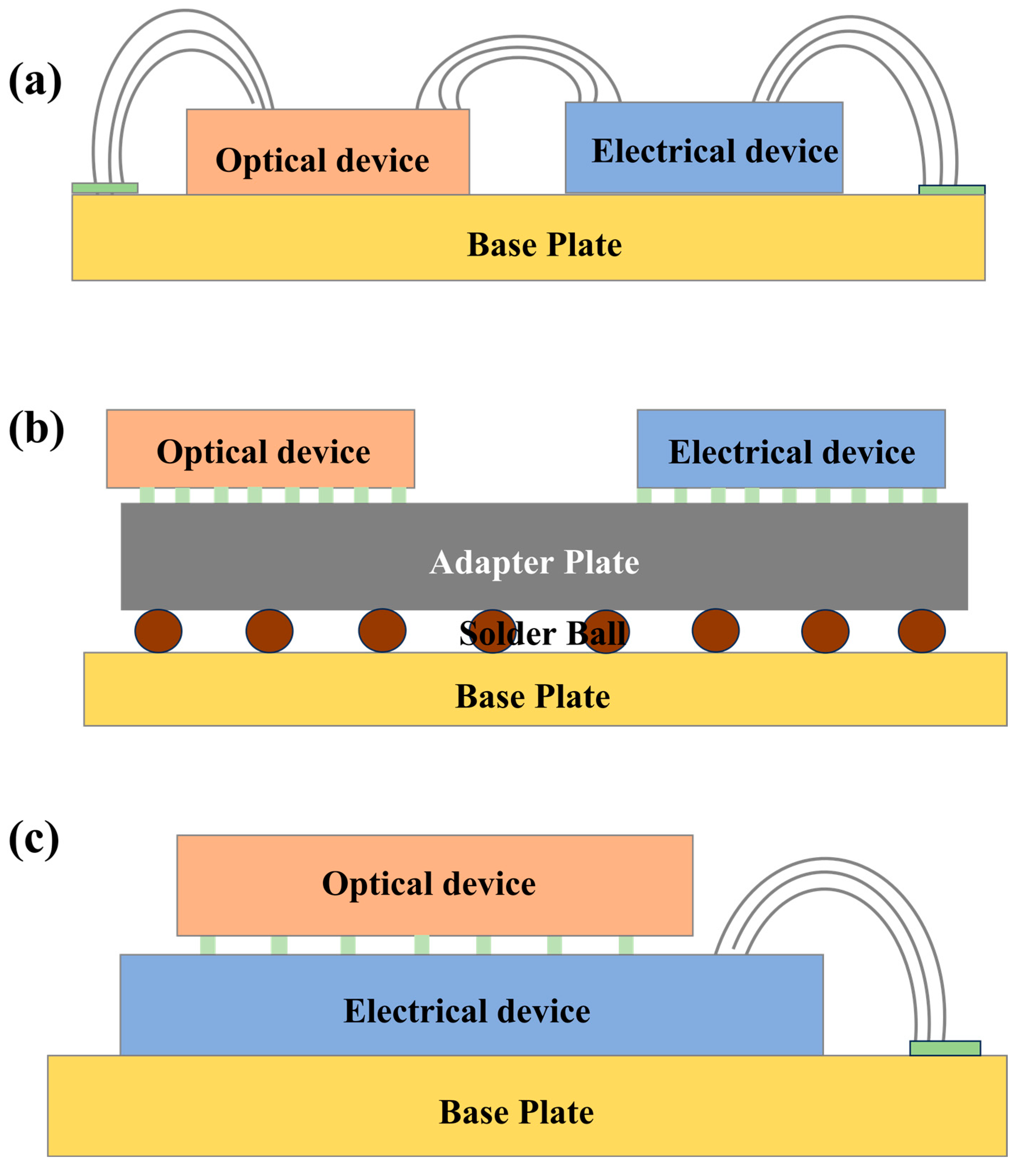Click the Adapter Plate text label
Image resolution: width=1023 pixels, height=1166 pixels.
click(534, 562)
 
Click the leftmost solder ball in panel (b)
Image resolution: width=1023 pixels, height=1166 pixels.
click(159, 631)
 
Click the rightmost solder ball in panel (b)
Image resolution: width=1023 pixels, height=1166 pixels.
click(922, 631)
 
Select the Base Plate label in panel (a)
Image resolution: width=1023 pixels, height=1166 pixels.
click(544, 245)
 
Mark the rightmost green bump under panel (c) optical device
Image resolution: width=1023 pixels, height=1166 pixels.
click(626, 945)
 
